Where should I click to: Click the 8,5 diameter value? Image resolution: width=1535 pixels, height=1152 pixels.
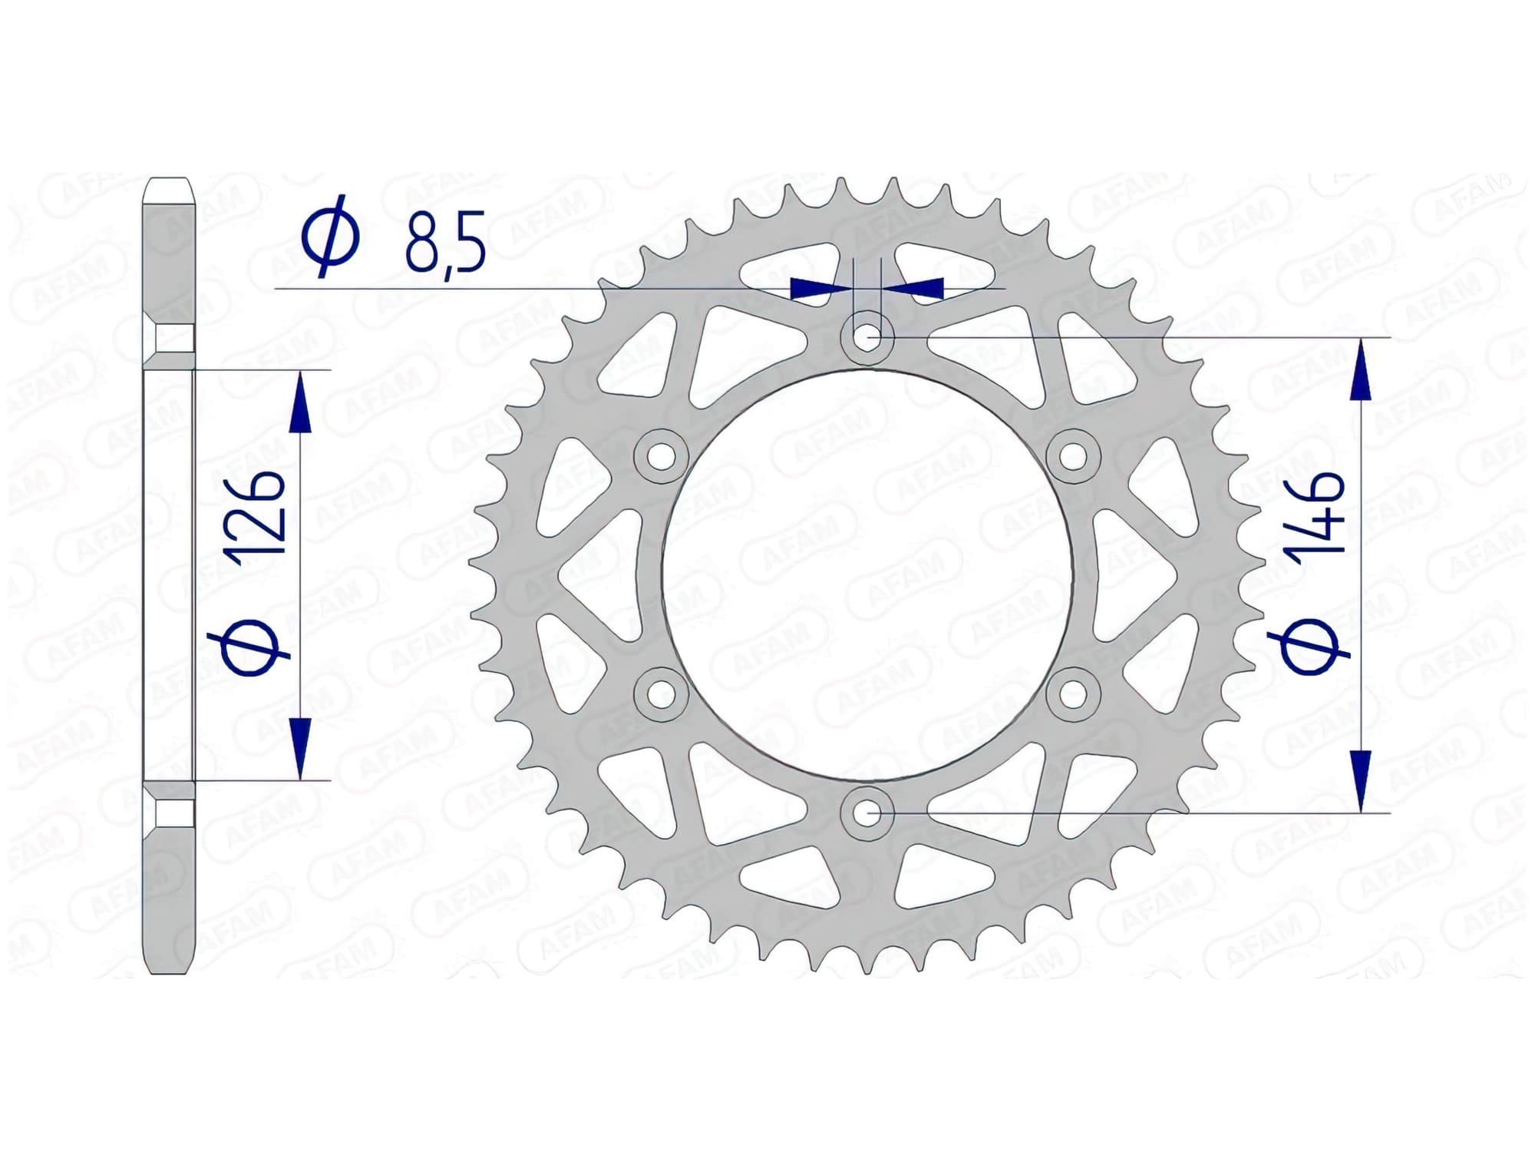(x=445, y=245)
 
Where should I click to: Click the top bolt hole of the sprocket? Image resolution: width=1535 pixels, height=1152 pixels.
(x=867, y=336)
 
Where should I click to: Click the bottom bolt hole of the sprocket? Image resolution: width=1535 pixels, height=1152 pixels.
(x=867, y=812)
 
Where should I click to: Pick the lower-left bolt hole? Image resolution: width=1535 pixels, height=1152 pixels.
(x=660, y=694)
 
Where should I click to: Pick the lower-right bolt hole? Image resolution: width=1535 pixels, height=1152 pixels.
(x=1074, y=694)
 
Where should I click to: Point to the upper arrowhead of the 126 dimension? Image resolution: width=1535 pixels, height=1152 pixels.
(x=300, y=403)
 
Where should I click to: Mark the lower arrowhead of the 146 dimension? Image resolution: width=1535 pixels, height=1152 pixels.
(x=1360, y=780)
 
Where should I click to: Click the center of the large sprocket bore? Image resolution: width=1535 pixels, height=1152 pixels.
(x=867, y=574)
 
